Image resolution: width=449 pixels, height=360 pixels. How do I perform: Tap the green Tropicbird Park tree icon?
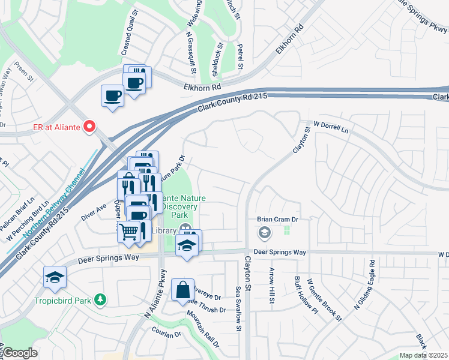click(102, 299)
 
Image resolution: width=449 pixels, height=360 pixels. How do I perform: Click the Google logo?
click(19, 353)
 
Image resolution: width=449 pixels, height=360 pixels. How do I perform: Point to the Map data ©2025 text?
click(423, 355)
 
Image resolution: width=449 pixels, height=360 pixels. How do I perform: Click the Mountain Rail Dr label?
click(202, 330)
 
